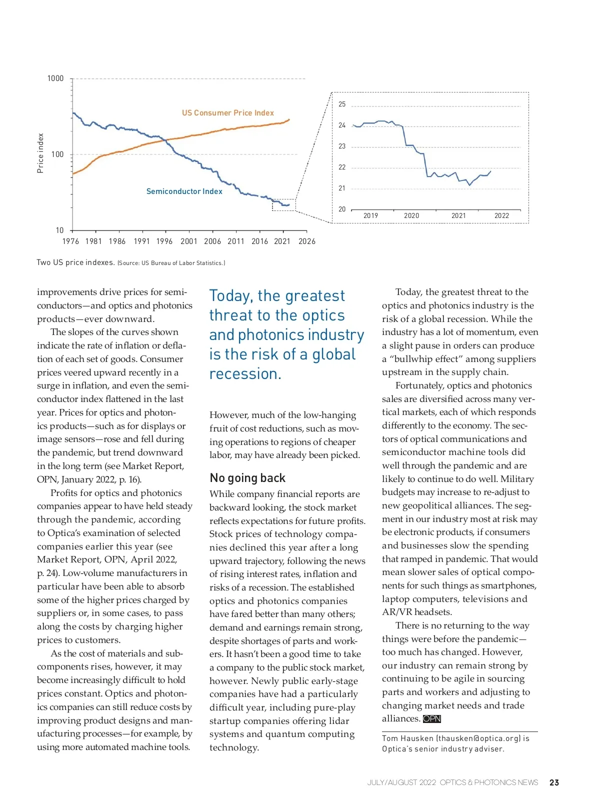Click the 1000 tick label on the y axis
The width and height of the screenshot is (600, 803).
pos(55,78)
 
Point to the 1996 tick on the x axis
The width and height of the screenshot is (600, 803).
pos(164,241)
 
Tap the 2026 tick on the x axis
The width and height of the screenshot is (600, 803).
pos(307,241)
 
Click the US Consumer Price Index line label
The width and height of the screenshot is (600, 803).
pos(228,113)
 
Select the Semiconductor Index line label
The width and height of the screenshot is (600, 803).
pos(184,191)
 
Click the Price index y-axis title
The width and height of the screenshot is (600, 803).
pos(40,153)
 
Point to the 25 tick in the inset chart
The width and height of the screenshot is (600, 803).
pos(342,104)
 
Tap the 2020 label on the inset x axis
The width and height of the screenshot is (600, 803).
pos(411,216)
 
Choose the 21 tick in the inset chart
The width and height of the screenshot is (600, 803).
pos(342,188)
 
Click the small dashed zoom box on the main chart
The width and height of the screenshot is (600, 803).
pos(283,205)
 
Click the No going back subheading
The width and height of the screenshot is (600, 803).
pos(247,478)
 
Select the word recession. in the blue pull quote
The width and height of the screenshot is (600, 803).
pos(245,374)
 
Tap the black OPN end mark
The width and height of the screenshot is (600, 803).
pos(432,719)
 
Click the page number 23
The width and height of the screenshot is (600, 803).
pos(554,782)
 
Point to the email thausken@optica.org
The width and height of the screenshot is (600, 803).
pos(479,738)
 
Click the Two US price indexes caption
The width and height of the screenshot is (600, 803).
pos(75,262)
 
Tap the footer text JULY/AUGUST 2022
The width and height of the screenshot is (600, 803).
pos(401,782)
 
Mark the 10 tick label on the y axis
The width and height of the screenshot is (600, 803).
pos(60,230)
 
